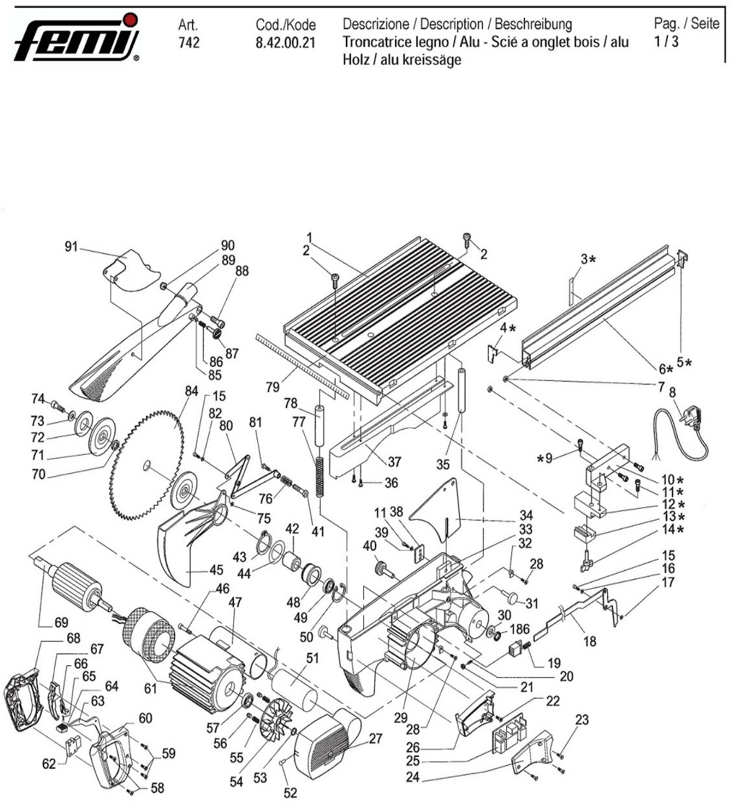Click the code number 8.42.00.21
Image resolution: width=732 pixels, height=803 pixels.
pos(285,43)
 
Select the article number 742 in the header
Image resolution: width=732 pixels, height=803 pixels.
pos(189,43)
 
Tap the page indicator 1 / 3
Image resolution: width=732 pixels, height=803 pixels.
pos(667,41)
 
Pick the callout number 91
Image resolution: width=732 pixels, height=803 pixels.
pos(71,247)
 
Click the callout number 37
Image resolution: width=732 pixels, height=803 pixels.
pos(394,462)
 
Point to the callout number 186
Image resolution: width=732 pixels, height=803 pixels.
pos(519,629)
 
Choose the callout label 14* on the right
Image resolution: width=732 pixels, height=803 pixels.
pos(672,529)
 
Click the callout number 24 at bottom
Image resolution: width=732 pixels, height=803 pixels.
pos(412,777)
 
